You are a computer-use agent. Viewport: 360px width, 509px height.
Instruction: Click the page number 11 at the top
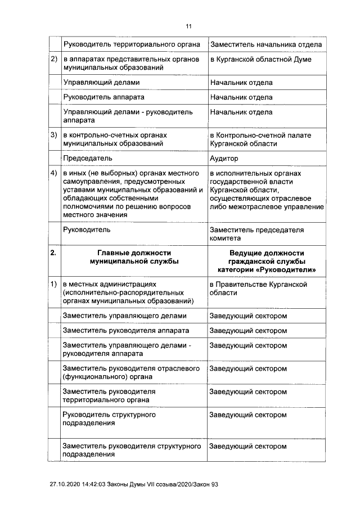click(x=188, y=26)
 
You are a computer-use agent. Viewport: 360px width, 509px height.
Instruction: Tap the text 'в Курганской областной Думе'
click(x=260, y=60)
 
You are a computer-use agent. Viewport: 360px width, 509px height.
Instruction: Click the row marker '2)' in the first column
click(x=55, y=60)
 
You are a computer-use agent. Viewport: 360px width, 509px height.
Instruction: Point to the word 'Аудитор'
click(x=224, y=159)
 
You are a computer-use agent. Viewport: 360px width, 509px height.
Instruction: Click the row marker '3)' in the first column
click(x=55, y=136)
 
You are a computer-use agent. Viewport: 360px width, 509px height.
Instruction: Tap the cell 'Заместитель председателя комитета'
click(x=256, y=234)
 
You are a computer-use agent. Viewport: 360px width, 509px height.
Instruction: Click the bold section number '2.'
click(x=53, y=253)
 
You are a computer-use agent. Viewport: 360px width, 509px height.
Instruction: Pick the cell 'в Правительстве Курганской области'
click(x=258, y=289)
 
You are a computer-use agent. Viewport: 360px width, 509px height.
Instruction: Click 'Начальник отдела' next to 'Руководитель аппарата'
click(x=241, y=97)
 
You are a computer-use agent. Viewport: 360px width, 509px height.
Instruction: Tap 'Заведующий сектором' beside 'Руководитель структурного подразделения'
click(x=248, y=415)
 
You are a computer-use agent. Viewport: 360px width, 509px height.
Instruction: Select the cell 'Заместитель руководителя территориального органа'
click(x=110, y=395)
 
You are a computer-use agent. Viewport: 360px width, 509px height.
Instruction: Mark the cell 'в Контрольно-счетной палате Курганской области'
click(x=260, y=139)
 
